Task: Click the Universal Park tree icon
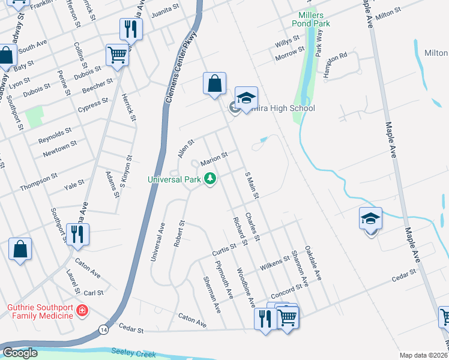click(x=210, y=179)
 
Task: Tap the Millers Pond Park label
click(x=311, y=19)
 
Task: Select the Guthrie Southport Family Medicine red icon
click(x=82, y=311)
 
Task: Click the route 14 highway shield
click(x=104, y=330)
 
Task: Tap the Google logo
click(x=20, y=353)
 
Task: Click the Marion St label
click(x=214, y=158)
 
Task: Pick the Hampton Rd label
click(x=335, y=65)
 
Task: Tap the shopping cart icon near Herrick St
click(x=117, y=56)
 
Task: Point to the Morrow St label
click(x=290, y=53)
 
